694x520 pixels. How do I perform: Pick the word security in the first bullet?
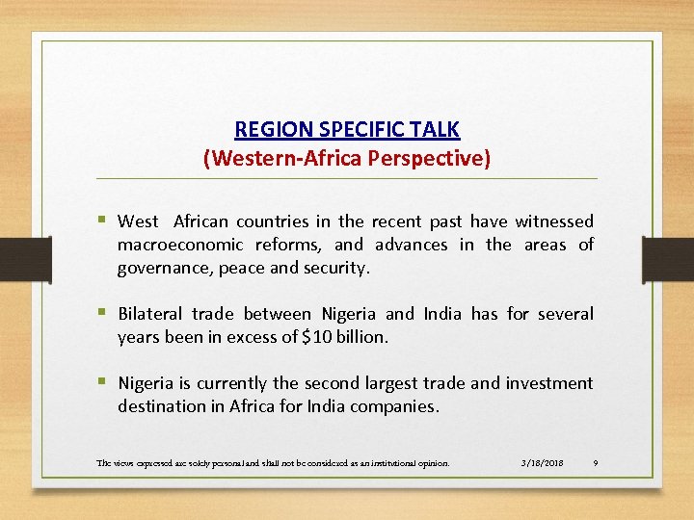coord(334,268)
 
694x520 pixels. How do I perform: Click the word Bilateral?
coord(151,314)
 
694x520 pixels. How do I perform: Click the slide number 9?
coord(596,463)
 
